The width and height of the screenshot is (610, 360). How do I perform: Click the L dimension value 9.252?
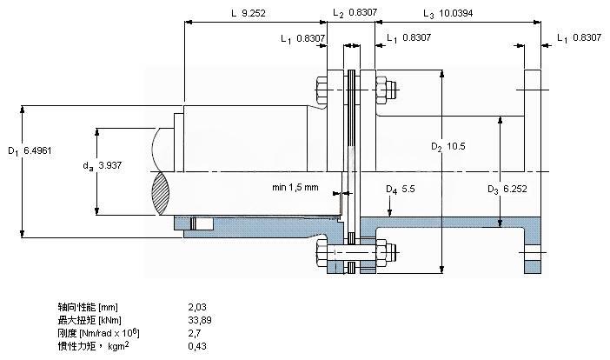tap(253, 13)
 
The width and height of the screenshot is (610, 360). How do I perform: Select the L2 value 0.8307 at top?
tap(362, 12)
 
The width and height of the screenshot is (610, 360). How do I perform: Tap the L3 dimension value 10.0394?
tap(455, 13)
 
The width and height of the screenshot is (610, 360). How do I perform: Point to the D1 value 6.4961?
tap(37, 150)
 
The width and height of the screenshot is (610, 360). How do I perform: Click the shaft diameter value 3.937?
tap(110, 165)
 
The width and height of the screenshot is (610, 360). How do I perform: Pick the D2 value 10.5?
tap(456, 146)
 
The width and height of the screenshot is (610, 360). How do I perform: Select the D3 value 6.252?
tap(515, 189)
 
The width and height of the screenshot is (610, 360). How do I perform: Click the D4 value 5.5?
tap(408, 189)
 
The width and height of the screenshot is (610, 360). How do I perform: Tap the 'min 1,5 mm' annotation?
tap(295, 187)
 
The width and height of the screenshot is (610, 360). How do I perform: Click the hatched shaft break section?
tap(161, 194)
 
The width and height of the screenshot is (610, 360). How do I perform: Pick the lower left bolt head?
tap(322, 253)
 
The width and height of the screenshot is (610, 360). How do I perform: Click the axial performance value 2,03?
tap(197, 307)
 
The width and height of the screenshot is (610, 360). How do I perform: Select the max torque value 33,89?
tap(200, 320)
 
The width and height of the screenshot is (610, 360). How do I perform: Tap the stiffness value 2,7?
tap(195, 333)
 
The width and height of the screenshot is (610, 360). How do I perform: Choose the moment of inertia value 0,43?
tap(197, 346)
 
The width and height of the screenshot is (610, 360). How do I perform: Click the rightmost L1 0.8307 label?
tap(579, 37)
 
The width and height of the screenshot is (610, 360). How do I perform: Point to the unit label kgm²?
tap(118, 345)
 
